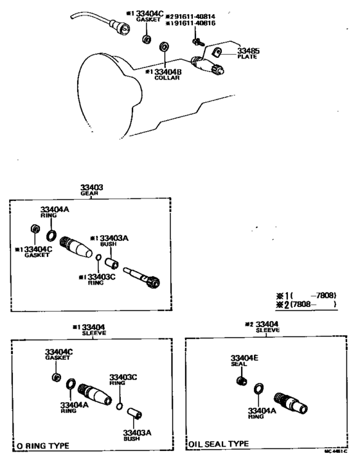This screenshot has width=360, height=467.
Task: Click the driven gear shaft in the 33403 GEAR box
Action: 141,277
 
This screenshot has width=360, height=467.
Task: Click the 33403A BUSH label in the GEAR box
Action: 113,239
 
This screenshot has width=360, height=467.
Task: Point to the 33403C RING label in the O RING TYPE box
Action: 122,379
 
